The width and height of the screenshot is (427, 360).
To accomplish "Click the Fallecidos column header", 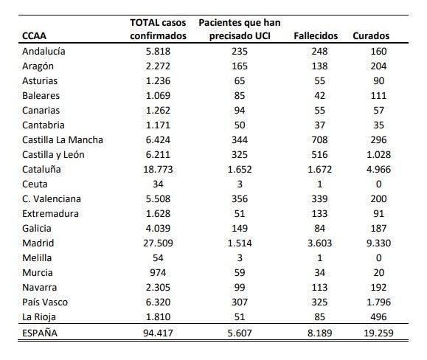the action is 316,35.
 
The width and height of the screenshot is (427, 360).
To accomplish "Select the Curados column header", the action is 371,35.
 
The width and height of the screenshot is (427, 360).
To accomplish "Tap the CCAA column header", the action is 34,35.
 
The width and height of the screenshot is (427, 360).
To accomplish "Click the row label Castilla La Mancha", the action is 63,139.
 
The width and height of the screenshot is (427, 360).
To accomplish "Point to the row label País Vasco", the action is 45,302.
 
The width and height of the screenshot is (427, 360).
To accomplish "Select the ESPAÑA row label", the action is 40,333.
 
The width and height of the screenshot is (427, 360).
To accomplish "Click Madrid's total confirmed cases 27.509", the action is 158,243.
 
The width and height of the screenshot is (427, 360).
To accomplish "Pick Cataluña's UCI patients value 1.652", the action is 240,170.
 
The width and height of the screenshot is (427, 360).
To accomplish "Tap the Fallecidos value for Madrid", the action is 320,243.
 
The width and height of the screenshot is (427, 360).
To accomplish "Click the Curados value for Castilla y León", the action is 378,154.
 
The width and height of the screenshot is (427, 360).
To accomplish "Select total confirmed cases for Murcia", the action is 158,273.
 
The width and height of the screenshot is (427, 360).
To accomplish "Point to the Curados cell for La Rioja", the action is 378,316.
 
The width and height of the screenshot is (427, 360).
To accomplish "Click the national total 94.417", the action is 158,333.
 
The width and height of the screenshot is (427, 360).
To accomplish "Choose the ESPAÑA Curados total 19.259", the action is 378,333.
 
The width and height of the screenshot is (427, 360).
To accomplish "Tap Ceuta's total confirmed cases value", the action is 158,184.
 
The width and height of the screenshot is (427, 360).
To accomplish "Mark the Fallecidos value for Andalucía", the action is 320,51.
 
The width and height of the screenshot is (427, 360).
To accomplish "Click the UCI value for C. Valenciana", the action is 240,198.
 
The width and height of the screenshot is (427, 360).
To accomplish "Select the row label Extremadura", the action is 50,213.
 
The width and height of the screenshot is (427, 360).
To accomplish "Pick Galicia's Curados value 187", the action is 378,228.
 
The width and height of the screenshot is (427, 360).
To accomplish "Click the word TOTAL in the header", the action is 143,22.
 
